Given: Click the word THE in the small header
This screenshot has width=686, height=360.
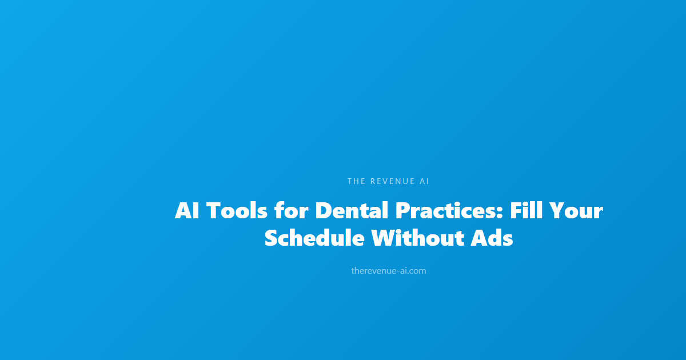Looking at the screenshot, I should point(356,181).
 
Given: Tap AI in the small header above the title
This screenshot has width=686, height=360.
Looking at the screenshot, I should point(424,181).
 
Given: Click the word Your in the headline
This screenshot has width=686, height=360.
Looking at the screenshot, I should point(576,211).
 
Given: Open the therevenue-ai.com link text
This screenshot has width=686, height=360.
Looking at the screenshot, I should point(389,271).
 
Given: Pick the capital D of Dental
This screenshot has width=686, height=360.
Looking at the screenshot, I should point(324,211).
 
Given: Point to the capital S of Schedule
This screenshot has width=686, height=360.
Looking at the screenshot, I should point(271,238).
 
